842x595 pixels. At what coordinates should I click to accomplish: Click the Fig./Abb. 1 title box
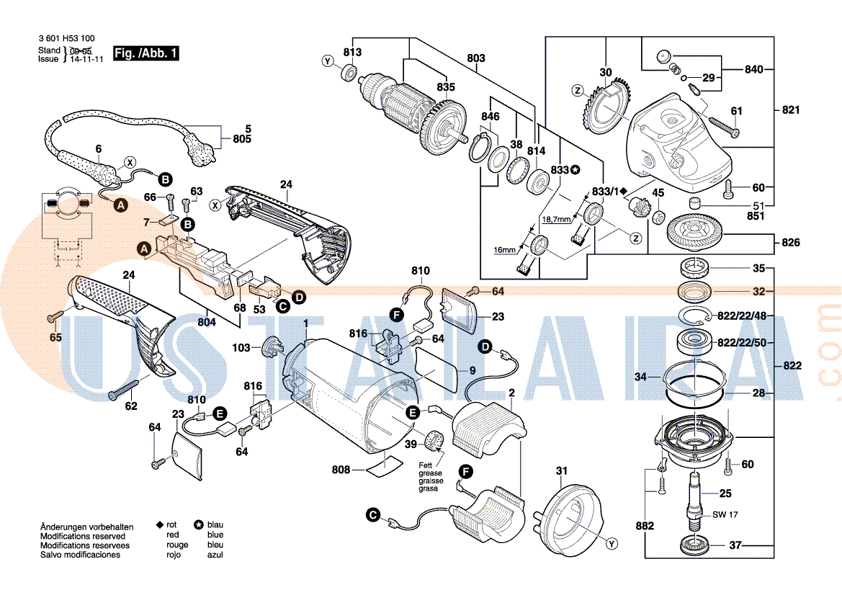(x=146, y=53)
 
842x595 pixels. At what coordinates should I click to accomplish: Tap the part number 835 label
(x=446, y=87)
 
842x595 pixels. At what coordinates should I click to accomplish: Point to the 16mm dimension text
(x=505, y=250)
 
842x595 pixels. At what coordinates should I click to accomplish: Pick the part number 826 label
(x=791, y=243)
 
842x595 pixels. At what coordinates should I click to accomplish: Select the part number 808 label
(x=341, y=470)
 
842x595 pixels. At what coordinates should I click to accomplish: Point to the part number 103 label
(x=241, y=348)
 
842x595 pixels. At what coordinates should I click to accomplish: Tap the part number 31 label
(x=561, y=471)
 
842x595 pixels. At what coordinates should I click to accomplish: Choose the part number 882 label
(x=645, y=527)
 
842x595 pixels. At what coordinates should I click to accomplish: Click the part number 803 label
(x=476, y=58)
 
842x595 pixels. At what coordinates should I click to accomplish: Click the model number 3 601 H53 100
(x=66, y=39)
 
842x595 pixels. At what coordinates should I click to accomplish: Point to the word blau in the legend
(x=215, y=525)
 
